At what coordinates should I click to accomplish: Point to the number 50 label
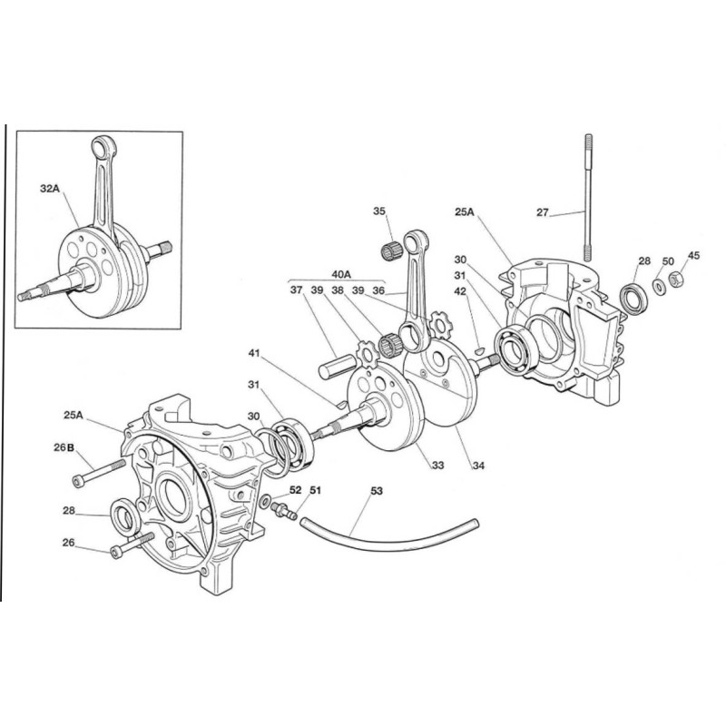coord(668,260)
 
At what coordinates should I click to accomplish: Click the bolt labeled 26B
coord(99,468)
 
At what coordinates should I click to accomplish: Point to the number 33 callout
coord(437,466)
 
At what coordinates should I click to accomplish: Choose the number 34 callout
coord(477,466)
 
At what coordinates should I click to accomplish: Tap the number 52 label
coord(295,490)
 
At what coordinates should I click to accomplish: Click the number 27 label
coord(543,213)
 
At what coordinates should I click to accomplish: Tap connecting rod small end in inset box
coord(98,145)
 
